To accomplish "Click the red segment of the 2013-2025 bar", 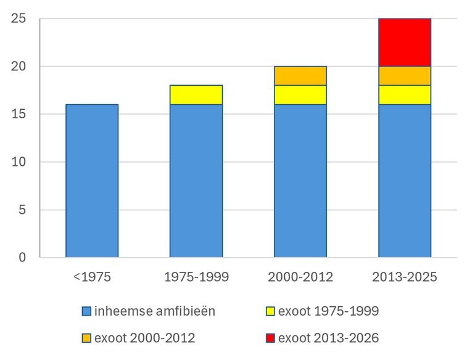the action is pos(405,43).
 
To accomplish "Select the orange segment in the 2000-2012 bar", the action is pos(300,76).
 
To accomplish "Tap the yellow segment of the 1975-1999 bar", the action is pos(196,95).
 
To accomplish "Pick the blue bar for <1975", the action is pos(92,181).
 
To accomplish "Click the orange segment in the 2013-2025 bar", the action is pos(405,76).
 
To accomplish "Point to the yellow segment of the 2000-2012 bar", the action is pos(300,95).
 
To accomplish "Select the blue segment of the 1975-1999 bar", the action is pos(196,181).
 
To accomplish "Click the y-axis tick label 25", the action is pos(19,18).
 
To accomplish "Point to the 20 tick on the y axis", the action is pos(19,67).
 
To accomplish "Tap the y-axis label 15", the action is pos(19,114).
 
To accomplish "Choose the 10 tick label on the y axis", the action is pos(19,162).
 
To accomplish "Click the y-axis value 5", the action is pos(22,210).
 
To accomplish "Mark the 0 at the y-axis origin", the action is pos(22,258).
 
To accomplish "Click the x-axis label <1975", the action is pos(92,277).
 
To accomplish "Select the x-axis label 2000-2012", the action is pos(300,277).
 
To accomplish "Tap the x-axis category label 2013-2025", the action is pos(405,277).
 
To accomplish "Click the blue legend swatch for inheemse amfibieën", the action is pos(86,311).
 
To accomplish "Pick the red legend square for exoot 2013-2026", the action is pos(270,338).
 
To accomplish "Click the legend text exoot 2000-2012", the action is pos(145,338).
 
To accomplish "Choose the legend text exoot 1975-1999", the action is pos(329,311).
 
